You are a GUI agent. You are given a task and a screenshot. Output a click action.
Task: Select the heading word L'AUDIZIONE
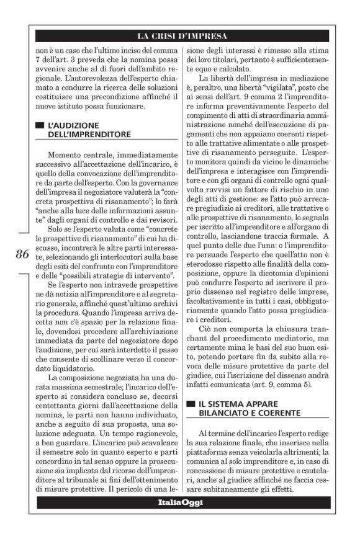75,124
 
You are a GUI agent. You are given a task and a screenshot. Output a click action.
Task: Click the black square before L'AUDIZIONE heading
40,124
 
